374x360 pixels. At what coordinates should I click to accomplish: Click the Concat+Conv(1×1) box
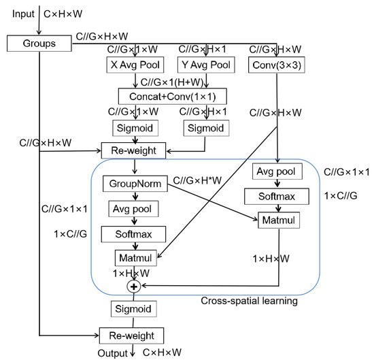[172, 95]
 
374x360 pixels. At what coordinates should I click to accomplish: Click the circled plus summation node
[134, 287]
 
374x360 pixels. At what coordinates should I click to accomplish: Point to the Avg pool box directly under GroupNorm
[133, 209]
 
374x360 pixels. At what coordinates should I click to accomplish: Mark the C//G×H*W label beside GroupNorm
[199, 180]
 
